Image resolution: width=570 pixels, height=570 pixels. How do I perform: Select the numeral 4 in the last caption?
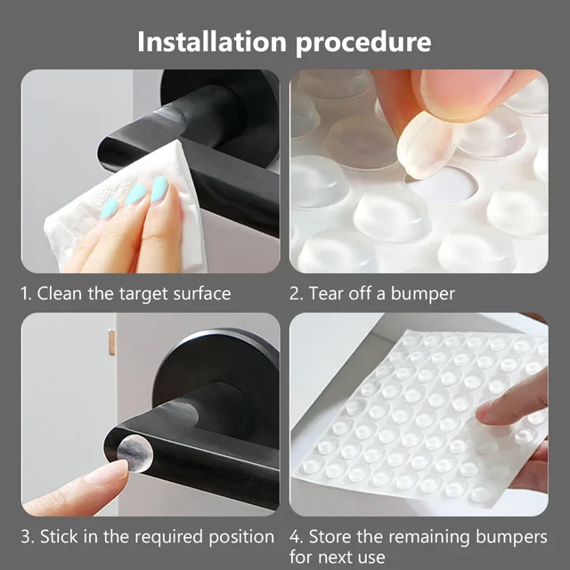295,537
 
